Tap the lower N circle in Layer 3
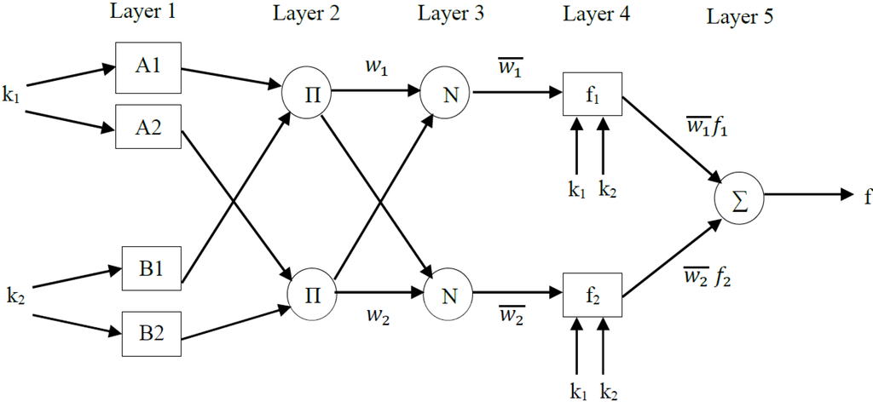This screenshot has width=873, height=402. coord(448,295)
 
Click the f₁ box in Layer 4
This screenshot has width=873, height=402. coord(593,95)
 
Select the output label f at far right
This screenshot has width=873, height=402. coord(866,195)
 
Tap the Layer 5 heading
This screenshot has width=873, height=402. coord(740,16)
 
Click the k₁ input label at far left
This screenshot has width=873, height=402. coord(11,95)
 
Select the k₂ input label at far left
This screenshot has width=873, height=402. coord(14,296)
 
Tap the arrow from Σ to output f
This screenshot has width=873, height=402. coord(807,194)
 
